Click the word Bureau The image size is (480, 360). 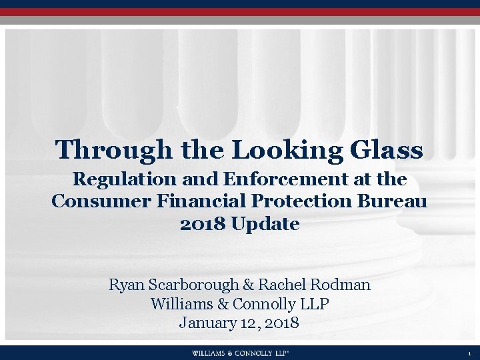pos(397,201)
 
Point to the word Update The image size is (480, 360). pos(265,224)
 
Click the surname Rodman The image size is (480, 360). pos(341,285)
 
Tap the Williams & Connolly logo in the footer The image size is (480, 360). pos(240,353)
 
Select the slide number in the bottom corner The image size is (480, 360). pos(469,353)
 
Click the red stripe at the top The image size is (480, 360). pos(240,11)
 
